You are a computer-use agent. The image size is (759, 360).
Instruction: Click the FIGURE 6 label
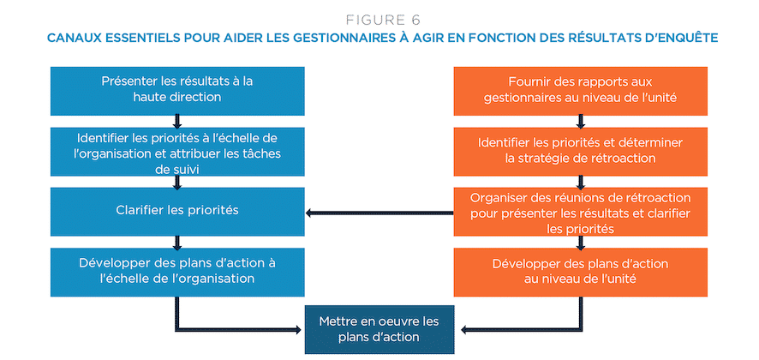tap(383, 20)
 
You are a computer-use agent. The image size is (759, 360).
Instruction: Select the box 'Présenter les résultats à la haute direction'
tap(177, 91)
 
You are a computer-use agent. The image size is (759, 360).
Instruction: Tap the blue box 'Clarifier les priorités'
tap(177, 212)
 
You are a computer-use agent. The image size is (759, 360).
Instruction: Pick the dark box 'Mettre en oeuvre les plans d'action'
tap(379, 329)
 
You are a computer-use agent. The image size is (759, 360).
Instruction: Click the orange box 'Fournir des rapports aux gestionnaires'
tap(580, 91)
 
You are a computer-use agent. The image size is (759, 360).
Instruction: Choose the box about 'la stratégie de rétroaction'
tap(580, 152)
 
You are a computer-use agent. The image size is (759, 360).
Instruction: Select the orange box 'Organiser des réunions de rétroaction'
tap(580, 212)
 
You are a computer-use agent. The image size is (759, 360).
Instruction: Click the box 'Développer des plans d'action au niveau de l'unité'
tap(580, 273)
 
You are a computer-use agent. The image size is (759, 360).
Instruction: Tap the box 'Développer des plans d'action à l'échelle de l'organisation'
tap(177, 273)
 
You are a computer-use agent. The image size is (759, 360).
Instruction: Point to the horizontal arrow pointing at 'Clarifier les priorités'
tap(379, 213)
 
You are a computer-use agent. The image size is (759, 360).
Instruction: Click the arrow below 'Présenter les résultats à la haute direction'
tap(177, 122)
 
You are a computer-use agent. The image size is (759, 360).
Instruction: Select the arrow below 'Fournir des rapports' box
tap(580, 122)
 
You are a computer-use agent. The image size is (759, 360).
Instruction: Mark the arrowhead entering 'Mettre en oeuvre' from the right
tap(464, 330)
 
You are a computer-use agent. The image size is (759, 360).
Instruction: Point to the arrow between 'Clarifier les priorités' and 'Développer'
tap(177, 243)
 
